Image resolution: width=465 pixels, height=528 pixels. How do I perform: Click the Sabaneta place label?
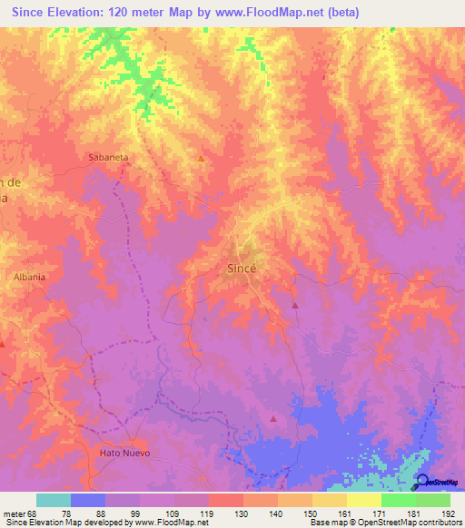(108, 157)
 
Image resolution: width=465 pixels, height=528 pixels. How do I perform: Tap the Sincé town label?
(241, 269)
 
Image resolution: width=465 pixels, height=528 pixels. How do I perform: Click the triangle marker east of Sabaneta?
(201, 159)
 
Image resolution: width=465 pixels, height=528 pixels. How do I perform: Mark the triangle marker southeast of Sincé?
(295, 305)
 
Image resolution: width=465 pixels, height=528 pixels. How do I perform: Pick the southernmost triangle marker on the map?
(273, 418)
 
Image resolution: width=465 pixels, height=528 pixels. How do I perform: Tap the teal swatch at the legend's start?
(54, 500)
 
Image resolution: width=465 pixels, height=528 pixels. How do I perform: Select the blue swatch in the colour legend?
(88, 500)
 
